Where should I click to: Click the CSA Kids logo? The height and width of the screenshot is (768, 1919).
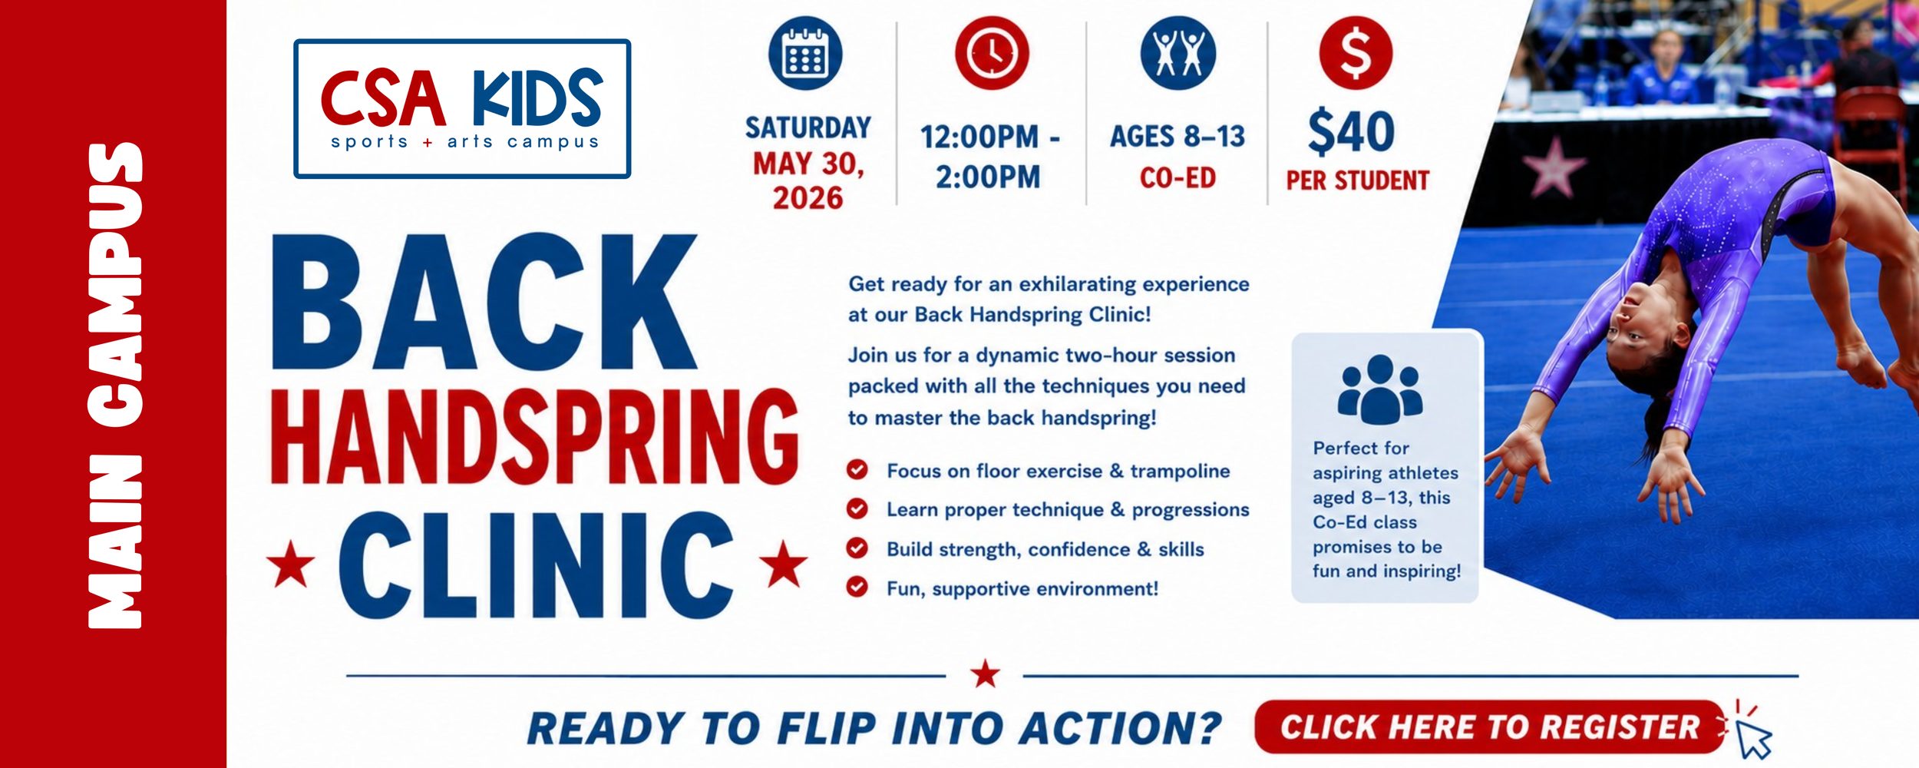[462, 108]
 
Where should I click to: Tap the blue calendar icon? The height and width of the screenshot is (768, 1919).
[805, 53]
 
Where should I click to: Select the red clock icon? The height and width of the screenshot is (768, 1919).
[992, 53]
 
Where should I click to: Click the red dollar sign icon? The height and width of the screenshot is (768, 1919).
[1356, 53]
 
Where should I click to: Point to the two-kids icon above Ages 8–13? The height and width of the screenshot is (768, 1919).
[1178, 53]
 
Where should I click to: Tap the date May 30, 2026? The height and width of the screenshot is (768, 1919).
[808, 180]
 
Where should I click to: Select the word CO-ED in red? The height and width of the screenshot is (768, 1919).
[1177, 178]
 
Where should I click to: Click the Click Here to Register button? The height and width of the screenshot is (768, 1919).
[1489, 727]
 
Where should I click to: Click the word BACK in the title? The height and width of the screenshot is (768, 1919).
[484, 302]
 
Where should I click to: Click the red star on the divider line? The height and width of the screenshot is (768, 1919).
[985, 674]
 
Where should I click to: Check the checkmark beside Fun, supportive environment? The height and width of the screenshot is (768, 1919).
[857, 587]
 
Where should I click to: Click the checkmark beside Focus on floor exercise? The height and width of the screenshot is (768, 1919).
[857, 469]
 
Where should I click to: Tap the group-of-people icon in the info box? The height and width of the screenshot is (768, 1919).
[1380, 389]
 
